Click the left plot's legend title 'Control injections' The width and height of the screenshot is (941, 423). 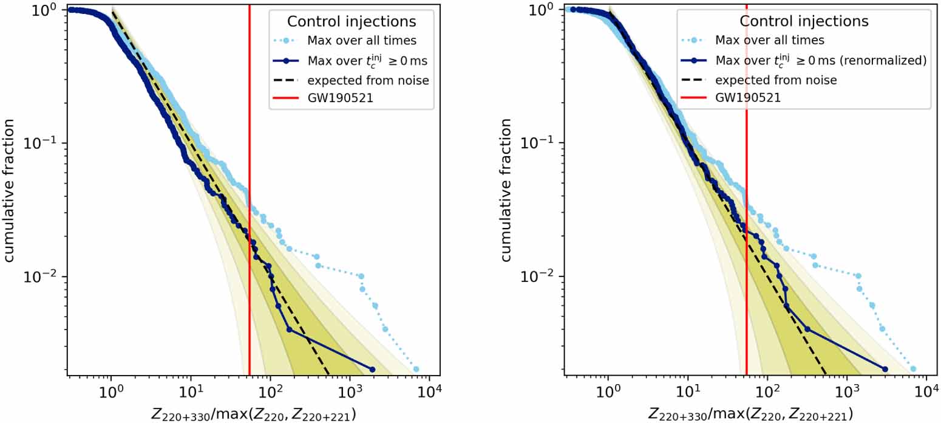pos(352,21)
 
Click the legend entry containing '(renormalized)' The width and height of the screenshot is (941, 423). pos(820,60)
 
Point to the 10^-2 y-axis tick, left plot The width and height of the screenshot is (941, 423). pos(47,277)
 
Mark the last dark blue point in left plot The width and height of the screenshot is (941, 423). pos(372,370)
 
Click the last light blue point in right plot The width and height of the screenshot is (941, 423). pos(913,369)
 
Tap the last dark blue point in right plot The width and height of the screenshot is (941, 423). pos(885,370)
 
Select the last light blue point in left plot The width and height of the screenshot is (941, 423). pos(416,369)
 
